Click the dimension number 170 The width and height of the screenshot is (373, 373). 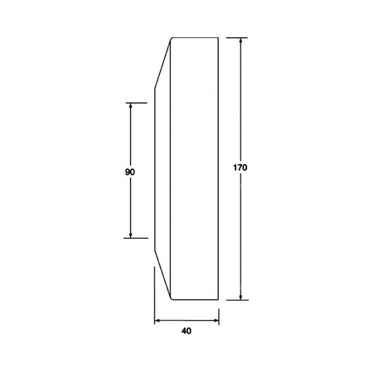240,167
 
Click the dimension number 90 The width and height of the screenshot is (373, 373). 130,172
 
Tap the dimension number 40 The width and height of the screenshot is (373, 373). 186,331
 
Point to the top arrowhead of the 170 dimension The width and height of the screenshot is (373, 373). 241,41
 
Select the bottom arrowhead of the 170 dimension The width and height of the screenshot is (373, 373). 241,297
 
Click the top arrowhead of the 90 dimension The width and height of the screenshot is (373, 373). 131,106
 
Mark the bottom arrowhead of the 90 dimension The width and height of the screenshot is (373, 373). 131,235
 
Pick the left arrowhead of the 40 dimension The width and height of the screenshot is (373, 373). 157,321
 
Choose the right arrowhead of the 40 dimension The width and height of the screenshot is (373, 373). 216,321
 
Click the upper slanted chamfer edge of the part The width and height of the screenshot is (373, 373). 162,64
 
